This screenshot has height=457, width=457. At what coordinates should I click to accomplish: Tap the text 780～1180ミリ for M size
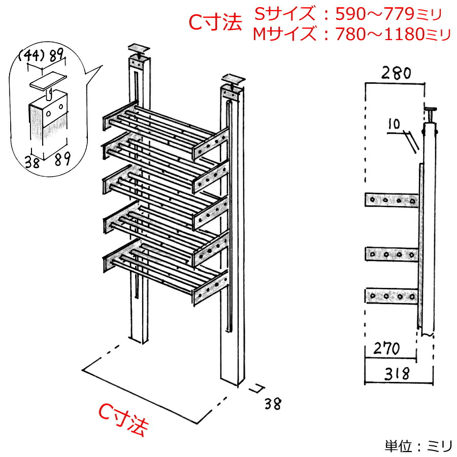click(392, 35)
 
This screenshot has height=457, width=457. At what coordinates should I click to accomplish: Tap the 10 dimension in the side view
click(392, 123)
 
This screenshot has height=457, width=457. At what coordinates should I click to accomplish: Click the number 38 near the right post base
click(272, 404)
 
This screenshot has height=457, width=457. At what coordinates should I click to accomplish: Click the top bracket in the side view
click(392, 200)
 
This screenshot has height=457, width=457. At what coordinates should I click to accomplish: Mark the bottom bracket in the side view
click(392, 296)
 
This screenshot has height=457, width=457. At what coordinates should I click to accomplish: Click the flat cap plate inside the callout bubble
click(49, 80)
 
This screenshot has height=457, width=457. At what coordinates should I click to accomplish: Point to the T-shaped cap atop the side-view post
click(431, 109)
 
